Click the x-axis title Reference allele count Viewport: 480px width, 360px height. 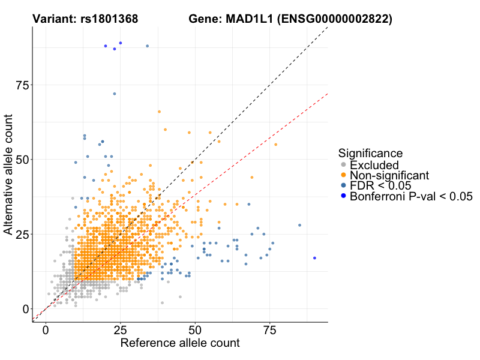180,344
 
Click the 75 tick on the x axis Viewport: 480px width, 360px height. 269,331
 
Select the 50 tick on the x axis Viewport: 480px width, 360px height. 195,331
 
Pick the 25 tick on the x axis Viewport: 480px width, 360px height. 121,331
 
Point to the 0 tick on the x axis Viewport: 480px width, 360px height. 46,331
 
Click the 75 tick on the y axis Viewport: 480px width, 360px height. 23,85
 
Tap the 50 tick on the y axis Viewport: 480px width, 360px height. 23,160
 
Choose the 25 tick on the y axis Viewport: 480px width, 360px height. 23,234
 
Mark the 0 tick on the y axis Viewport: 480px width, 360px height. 26,308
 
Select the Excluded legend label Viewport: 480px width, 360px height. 374,164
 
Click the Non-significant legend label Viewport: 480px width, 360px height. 389,175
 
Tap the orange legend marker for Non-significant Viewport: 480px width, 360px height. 343,175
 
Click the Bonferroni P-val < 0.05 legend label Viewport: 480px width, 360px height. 412,196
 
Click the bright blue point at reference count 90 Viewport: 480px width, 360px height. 314,258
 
